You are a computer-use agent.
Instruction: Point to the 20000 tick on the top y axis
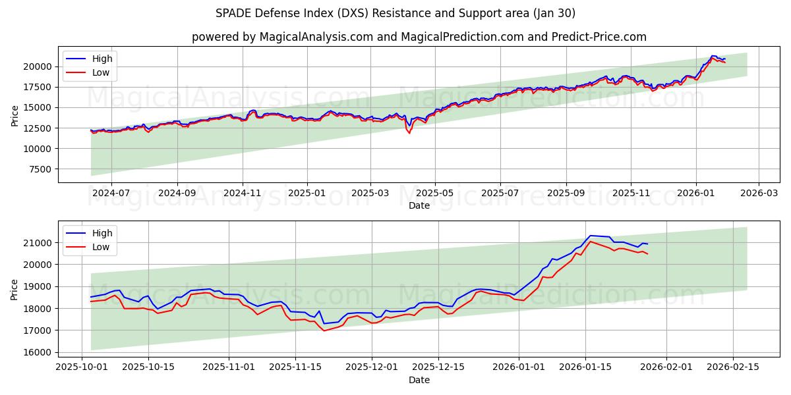[38, 66]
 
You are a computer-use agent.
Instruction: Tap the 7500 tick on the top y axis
[40, 169]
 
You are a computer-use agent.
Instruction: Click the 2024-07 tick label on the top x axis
[111, 194]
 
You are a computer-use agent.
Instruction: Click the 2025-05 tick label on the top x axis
[435, 194]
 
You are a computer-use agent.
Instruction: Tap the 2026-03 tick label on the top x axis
[759, 194]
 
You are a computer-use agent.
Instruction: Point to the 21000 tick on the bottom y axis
[38, 243]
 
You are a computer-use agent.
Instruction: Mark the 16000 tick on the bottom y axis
[38, 352]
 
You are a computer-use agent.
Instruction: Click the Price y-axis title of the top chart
[15, 116]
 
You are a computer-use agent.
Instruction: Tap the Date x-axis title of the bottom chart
[419, 380]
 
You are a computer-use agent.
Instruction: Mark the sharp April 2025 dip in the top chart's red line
[409, 133]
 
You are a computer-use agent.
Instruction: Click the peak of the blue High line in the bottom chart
[590, 235]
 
